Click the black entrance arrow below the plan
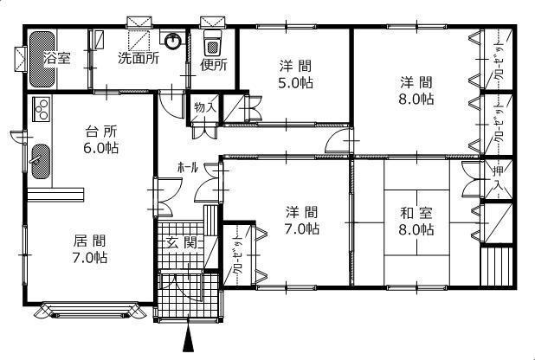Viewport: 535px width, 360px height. click(187, 339)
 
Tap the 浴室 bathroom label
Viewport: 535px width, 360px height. click(58, 58)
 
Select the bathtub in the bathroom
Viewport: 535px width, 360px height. click(41, 58)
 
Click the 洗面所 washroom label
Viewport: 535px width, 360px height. click(138, 60)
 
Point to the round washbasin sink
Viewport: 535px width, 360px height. click(175, 40)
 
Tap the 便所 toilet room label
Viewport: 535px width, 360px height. click(213, 63)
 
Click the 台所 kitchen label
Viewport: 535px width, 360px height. click(101, 132)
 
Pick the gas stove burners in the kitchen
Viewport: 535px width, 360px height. click(40, 109)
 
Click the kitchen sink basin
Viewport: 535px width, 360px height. click(41, 157)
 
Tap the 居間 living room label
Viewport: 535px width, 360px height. click(89, 241)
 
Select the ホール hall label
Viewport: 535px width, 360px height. click(188, 166)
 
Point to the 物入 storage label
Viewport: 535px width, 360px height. click(204, 107)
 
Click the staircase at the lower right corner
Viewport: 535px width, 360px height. click(497, 265)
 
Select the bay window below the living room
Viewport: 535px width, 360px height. click(90, 310)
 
